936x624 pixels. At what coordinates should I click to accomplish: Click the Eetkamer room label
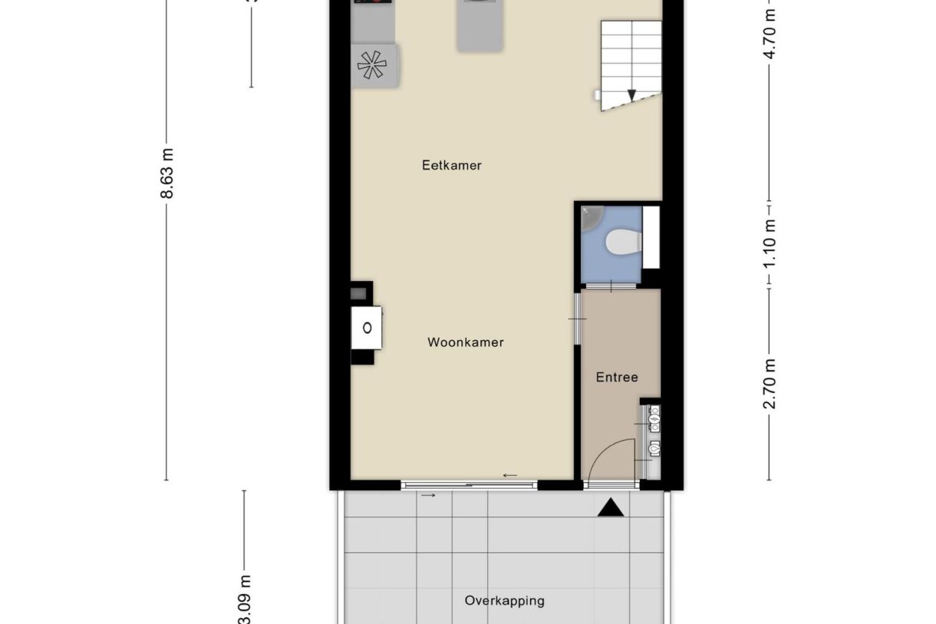[451, 165]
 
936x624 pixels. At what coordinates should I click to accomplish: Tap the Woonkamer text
[465, 342]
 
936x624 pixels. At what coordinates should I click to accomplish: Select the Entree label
[617, 377]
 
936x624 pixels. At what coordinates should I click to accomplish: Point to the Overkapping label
[504, 600]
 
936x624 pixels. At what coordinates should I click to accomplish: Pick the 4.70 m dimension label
[770, 31]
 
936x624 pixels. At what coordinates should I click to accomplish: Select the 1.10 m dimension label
[770, 243]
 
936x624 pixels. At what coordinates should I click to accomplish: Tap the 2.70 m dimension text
[770, 384]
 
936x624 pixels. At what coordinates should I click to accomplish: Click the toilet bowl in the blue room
[622, 243]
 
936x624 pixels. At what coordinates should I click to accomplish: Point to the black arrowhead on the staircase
[631, 95]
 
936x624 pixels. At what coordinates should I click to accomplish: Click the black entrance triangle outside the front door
[611, 507]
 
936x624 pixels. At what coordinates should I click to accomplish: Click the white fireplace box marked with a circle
[367, 328]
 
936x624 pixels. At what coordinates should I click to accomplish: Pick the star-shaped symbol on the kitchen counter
[374, 65]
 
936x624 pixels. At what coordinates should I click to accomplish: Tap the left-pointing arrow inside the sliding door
[510, 476]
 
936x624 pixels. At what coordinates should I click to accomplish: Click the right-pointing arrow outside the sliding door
[428, 496]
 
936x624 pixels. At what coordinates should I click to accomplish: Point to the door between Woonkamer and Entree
[576, 319]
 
